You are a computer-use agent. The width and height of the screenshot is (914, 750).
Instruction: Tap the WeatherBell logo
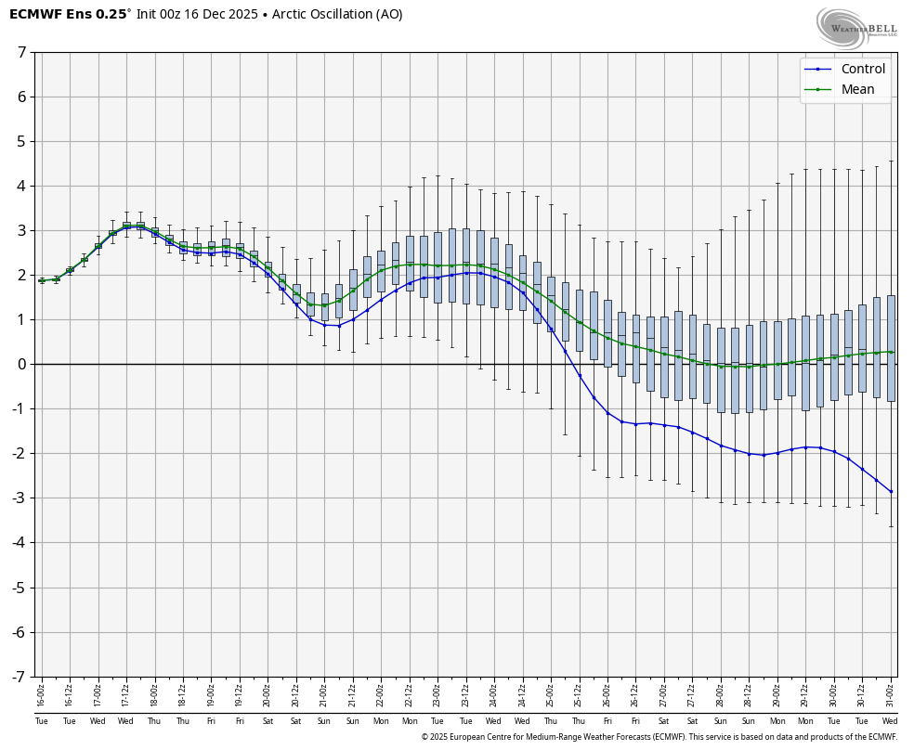point(856,27)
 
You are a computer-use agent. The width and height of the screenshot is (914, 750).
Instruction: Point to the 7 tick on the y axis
point(21,52)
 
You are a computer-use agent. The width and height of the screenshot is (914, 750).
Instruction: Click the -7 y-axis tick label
point(19,677)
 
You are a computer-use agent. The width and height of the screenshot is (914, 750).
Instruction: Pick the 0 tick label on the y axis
point(21,364)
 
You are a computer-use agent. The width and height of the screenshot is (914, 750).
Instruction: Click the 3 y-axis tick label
point(21,230)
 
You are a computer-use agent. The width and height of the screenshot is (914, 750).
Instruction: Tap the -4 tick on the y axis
point(19,543)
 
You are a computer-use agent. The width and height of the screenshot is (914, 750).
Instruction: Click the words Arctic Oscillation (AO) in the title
point(337,14)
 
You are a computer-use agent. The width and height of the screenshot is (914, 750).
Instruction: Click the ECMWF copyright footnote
point(659,737)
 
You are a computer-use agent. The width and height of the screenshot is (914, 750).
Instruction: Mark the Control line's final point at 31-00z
point(891,491)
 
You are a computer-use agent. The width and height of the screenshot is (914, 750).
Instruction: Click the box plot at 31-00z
point(891,348)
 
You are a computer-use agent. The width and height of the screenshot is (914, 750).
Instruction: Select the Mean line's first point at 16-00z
point(42,279)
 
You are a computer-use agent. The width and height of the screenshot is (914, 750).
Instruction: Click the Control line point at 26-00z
point(607,412)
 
